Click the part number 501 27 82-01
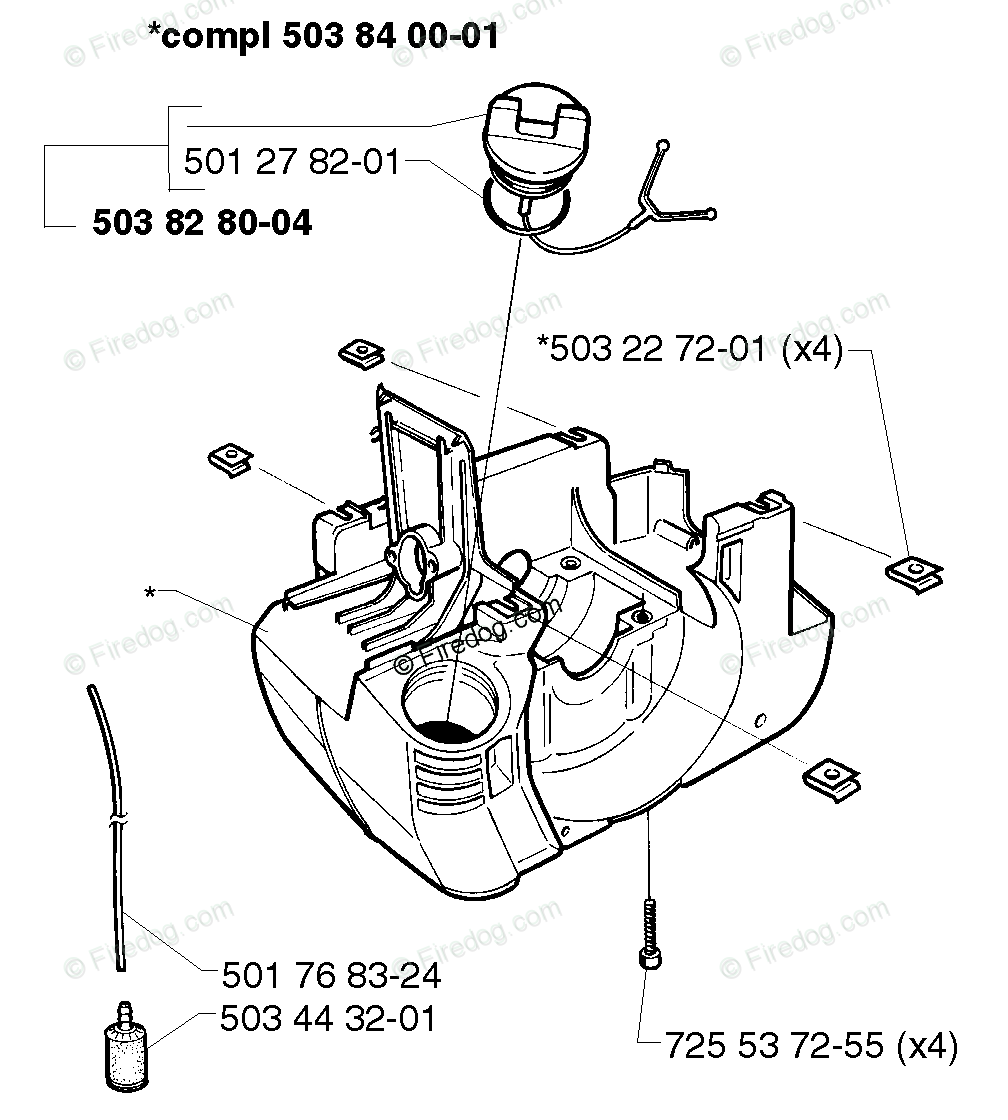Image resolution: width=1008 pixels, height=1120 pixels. tap(291, 161)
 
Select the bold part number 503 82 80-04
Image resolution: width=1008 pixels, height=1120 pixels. tap(202, 223)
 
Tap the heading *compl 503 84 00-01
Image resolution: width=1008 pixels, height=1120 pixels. tap(322, 39)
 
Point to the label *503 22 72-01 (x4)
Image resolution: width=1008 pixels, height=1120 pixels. tap(691, 349)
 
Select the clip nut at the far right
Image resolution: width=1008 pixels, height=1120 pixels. tap(913, 570)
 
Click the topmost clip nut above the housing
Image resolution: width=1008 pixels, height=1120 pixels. tap(362, 352)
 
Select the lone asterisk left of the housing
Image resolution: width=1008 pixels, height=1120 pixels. tap(150, 593)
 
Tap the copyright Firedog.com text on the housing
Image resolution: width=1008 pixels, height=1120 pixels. tap(470, 644)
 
